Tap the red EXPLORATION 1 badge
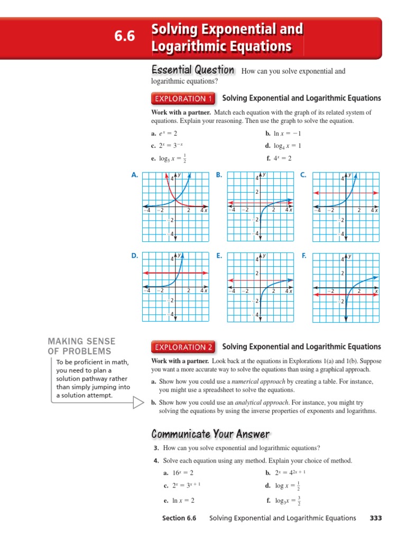[x=183, y=98]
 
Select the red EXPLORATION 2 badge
[x=183, y=347]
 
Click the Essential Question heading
[x=192, y=70]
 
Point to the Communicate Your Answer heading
[x=210, y=435]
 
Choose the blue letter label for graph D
[x=135, y=256]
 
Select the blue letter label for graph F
[x=304, y=256]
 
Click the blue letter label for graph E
[x=219, y=256]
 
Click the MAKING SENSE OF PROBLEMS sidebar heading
[x=82, y=346]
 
